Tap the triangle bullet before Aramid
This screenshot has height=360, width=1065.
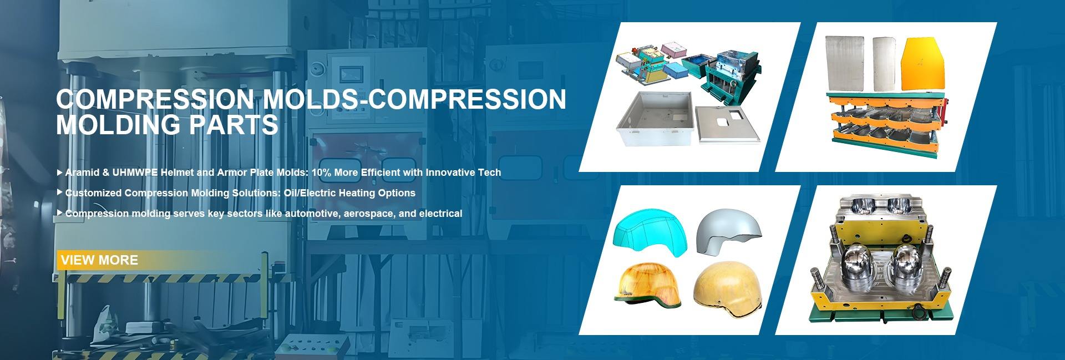(x=60, y=173)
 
